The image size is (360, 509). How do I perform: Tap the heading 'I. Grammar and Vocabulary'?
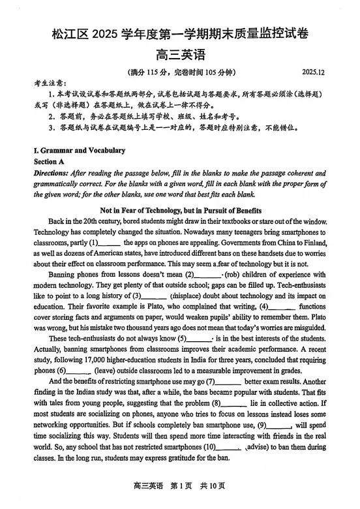click(79, 151)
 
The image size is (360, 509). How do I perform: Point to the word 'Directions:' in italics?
click(51, 173)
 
